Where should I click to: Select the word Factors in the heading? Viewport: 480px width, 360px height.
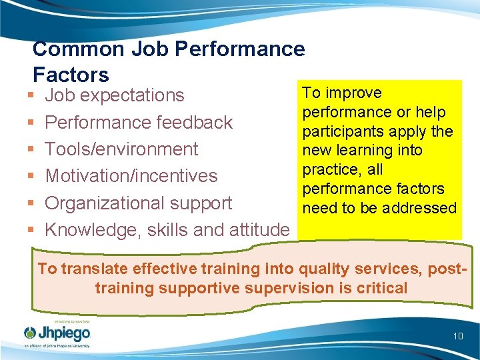(x=71, y=73)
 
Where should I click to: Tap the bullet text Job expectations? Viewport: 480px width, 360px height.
(x=114, y=95)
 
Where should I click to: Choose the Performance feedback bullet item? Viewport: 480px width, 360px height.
(x=139, y=123)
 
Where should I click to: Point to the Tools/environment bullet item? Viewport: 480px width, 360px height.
(x=121, y=149)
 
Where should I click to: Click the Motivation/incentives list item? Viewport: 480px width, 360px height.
(x=131, y=176)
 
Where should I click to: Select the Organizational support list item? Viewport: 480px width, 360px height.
(x=138, y=203)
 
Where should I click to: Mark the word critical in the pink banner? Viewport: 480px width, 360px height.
(x=382, y=288)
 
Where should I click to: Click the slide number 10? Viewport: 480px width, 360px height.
(x=458, y=336)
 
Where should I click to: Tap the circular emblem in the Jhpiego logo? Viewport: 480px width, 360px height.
(x=30, y=333)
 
